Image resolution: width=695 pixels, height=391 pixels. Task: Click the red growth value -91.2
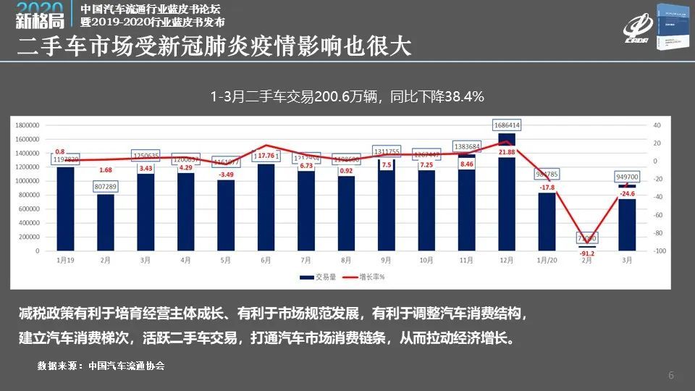587,253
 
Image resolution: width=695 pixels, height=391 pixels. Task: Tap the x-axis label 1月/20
547,259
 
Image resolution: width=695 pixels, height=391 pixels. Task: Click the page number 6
671,375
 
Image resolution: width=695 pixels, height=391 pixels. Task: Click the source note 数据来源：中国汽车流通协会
101,366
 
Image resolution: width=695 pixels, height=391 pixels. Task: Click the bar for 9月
387,203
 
